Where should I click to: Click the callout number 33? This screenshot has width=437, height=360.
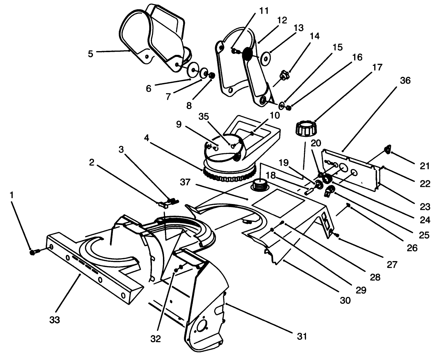click(55, 320)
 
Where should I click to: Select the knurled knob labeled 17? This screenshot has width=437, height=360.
click(305, 129)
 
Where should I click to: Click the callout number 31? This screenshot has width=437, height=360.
click(302, 336)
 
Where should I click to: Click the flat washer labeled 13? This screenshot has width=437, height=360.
click(266, 58)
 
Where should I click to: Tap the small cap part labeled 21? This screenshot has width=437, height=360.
click(387, 148)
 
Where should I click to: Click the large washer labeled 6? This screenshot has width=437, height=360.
click(193, 71)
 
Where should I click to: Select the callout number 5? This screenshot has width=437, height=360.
click(90, 54)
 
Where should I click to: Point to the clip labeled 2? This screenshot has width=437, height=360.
click(163, 204)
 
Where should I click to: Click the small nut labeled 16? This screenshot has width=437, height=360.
click(289, 108)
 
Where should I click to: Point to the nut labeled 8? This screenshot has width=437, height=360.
click(212, 75)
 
